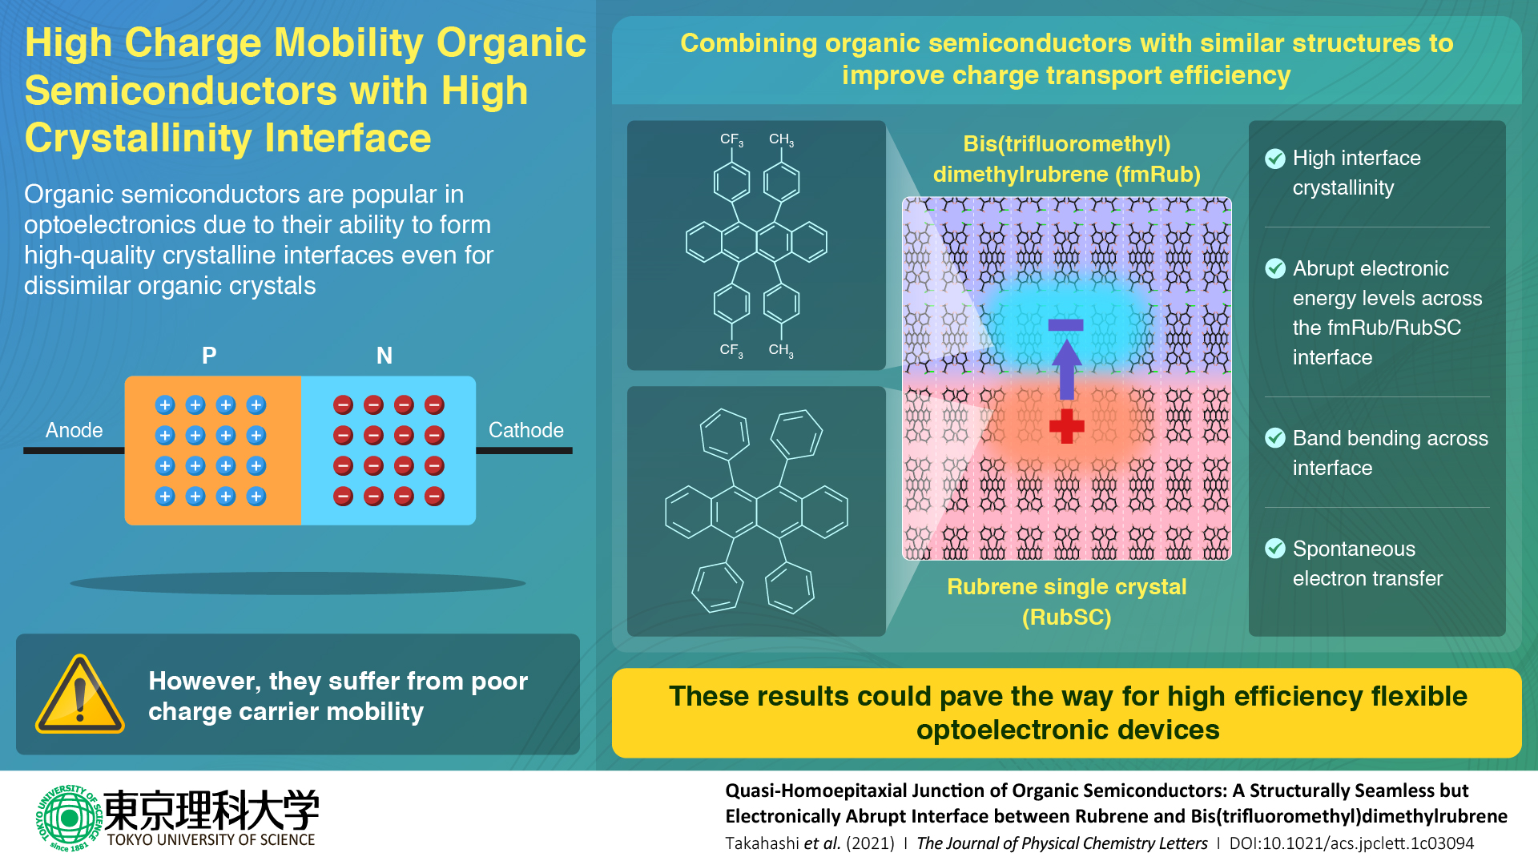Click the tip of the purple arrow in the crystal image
point(1066,340)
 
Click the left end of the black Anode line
point(24,451)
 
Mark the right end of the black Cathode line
point(572,451)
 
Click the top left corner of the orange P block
point(126,376)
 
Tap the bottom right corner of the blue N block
point(476,525)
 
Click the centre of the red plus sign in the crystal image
point(1066,427)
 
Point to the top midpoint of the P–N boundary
point(301,376)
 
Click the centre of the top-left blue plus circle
point(165,405)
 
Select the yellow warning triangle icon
point(79,694)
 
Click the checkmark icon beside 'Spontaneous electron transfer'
point(1275,549)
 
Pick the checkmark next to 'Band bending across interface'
point(1275,438)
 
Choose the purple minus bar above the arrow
point(1066,325)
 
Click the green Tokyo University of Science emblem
point(69,818)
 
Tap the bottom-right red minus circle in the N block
point(434,497)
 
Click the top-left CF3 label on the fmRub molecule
point(731,140)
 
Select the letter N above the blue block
point(384,356)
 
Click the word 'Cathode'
point(526,430)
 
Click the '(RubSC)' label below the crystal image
point(1066,618)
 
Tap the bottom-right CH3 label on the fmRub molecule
point(781,350)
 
